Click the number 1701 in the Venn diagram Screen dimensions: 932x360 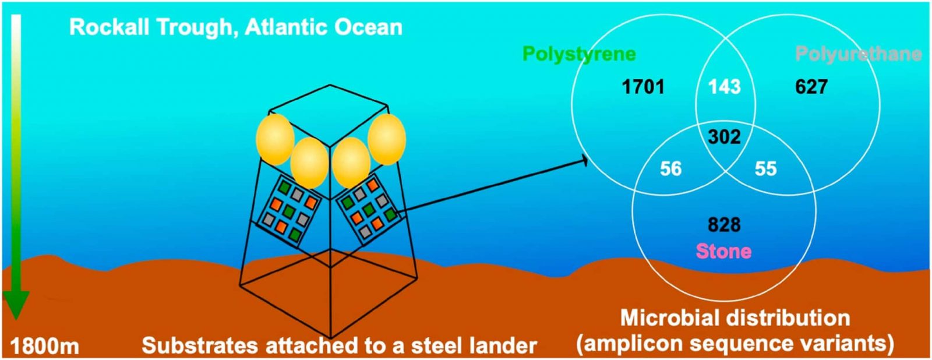coord(643,87)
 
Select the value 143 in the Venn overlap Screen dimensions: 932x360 coord(725,87)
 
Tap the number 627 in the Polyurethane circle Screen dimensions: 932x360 coord(811,87)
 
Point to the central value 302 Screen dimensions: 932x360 coord(725,137)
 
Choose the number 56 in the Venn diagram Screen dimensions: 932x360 coord(671,169)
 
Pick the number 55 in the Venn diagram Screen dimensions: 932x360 coord(765,169)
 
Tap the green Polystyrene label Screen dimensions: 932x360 coord(579,54)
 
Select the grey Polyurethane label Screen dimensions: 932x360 coord(858,55)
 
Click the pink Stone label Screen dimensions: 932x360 coord(723,252)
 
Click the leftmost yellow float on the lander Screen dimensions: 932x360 coord(275,139)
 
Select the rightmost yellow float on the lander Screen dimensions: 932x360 coord(387,139)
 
